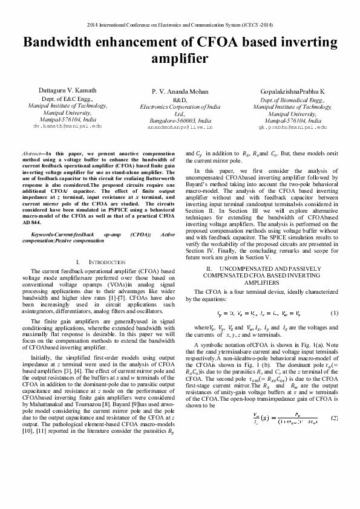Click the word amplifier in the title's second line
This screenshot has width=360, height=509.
[180, 59]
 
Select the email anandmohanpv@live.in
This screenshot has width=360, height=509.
[180, 128]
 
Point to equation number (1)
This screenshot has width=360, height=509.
[334, 313]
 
